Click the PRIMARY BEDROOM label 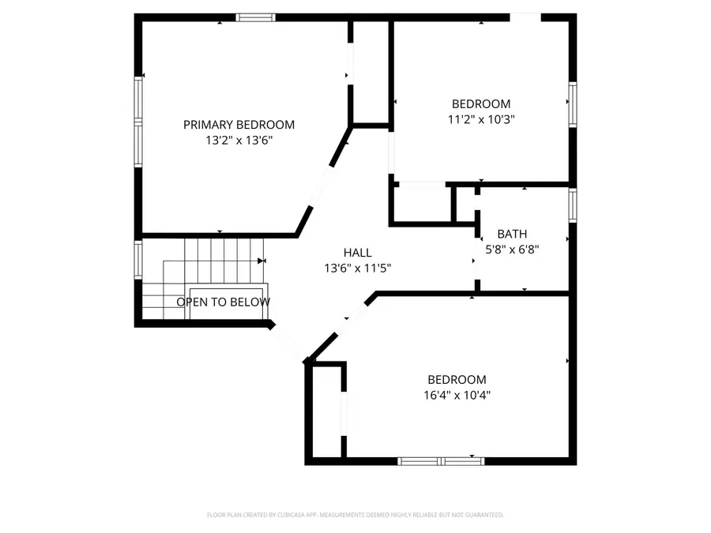(x=239, y=125)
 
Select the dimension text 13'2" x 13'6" (x=239, y=141)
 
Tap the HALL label (x=357, y=253)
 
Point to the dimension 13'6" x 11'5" (x=357, y=268)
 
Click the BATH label (x=512, y=234)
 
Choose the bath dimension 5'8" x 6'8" (x=512, y=250)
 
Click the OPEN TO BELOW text (x=223, y=302)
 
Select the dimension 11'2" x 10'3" (x=480, y=119)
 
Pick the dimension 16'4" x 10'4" (x=457, y=395)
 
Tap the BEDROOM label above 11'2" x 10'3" (x=480, y=103)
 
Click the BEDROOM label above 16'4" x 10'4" (x=457, y=379)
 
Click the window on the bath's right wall (x=572, y=202)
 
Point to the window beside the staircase (x=139, y=259)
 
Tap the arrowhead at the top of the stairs (x=261, y=261)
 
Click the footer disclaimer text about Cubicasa (x=355, y=515)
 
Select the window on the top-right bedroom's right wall (x=572, y=103)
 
